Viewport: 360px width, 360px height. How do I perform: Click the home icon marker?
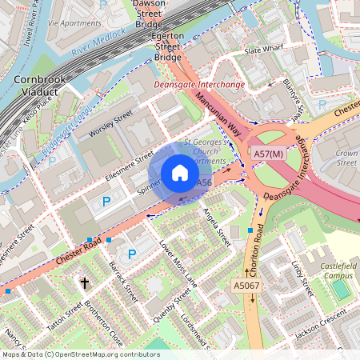(180, 173)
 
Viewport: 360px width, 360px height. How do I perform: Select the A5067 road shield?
(246, 286)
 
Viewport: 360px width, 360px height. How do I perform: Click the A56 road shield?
(204, 183)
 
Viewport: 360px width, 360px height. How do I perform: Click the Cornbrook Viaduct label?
(34, 86)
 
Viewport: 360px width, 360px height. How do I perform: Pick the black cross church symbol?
(85, 282)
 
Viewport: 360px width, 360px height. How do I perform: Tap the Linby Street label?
(300, 276)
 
